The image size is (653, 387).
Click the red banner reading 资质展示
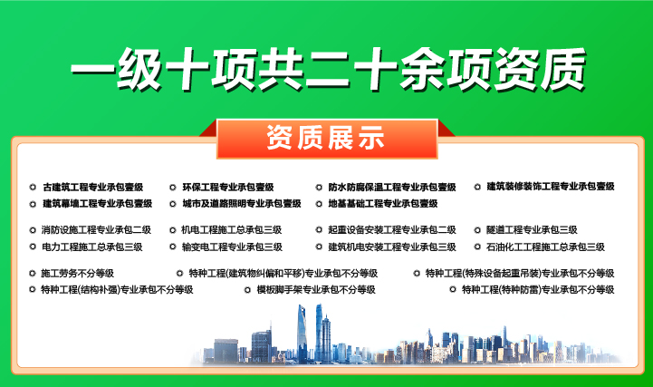326,139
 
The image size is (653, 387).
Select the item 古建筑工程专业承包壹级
92,187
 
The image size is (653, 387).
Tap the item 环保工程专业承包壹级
227,187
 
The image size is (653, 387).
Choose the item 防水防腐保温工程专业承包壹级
391,187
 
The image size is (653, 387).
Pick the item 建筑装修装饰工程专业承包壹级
550,187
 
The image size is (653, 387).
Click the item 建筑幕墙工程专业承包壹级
97,204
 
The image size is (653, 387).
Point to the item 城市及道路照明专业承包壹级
241,204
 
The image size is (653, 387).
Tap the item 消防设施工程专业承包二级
96,230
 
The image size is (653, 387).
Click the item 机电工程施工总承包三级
232,230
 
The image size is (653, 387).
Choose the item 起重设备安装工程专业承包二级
391,230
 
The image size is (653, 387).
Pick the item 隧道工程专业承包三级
532,230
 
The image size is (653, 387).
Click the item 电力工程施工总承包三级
91,247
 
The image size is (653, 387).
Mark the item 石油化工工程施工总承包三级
545,247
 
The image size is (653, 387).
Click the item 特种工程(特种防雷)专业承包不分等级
537,290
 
